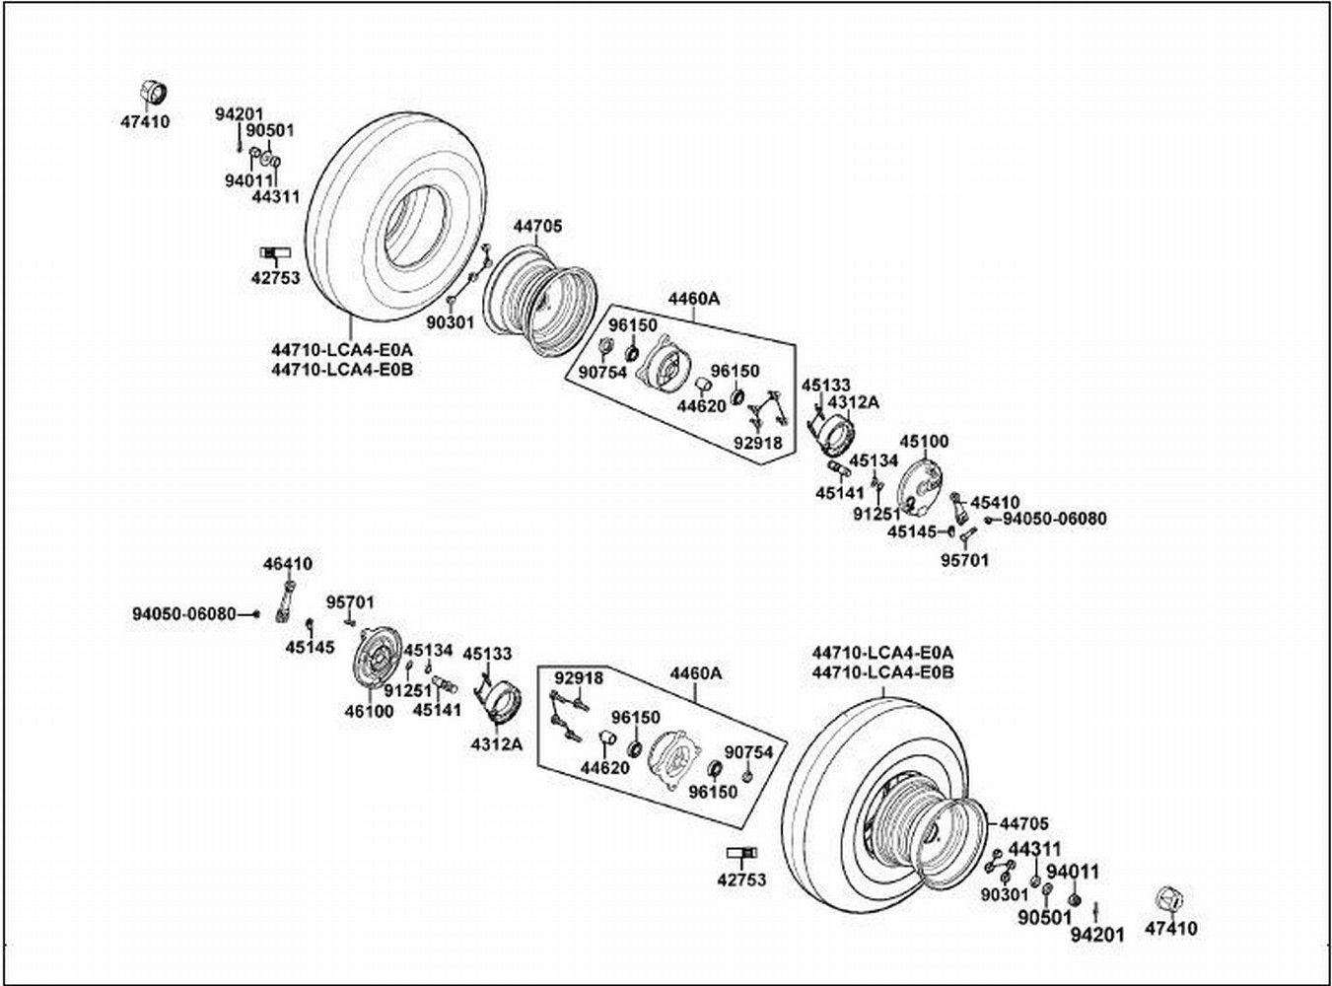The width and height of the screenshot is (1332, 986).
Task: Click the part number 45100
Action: pos(924,441)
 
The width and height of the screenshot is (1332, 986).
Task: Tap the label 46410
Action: pos(287,564)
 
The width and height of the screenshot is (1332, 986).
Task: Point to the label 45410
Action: pos(995,502)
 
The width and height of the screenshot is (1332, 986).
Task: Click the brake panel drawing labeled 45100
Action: pos(924,487)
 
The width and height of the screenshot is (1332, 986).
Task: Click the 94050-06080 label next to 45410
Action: pos(1054,519)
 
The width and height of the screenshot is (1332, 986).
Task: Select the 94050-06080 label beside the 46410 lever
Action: pos(184,614)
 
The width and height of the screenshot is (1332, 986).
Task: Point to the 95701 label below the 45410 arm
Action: pos(964,560)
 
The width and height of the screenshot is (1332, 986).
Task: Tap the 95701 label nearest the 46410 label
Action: pos(350,601)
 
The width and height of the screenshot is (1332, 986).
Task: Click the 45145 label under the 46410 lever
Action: pos(310,647)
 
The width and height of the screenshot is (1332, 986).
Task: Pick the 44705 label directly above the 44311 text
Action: pos(1023,824)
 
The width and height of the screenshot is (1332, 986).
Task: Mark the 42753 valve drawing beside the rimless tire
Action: pos(275,255)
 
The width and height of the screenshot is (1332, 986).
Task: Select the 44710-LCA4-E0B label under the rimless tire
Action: pos(341,370)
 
